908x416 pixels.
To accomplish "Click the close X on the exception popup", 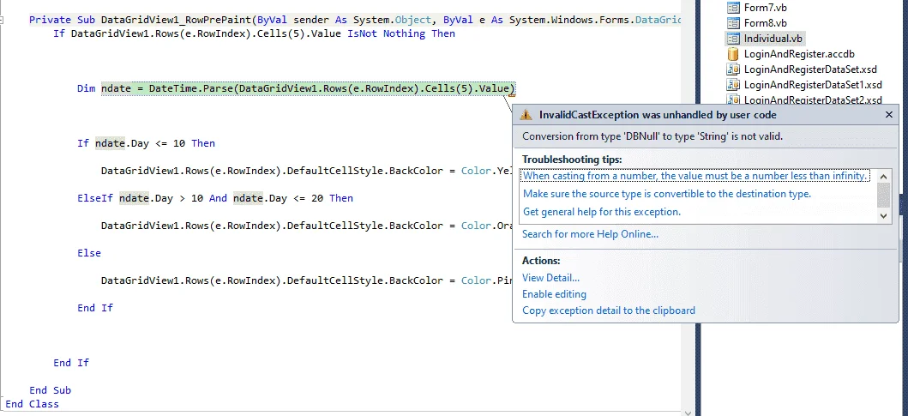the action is pos(889,115).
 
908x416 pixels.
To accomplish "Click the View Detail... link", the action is pos(550,278).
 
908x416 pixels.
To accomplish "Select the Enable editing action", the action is pos(554,294).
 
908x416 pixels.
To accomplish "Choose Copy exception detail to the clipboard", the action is pos(609,310).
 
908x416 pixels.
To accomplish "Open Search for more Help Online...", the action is pos(590,234).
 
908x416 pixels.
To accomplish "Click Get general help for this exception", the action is pos(602,212).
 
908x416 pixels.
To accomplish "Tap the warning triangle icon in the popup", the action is pos(526,115).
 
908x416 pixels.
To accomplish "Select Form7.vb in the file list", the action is pos(765,8).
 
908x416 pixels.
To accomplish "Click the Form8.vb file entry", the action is pos(765,23).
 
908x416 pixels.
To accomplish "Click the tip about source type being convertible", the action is pos(667,194).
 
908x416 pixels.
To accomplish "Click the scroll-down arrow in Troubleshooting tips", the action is pos(883,215).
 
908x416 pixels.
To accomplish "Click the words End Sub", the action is pos(51,390).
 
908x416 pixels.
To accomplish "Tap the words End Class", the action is pos(33,404).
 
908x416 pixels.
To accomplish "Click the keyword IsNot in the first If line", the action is pos(362,33).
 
